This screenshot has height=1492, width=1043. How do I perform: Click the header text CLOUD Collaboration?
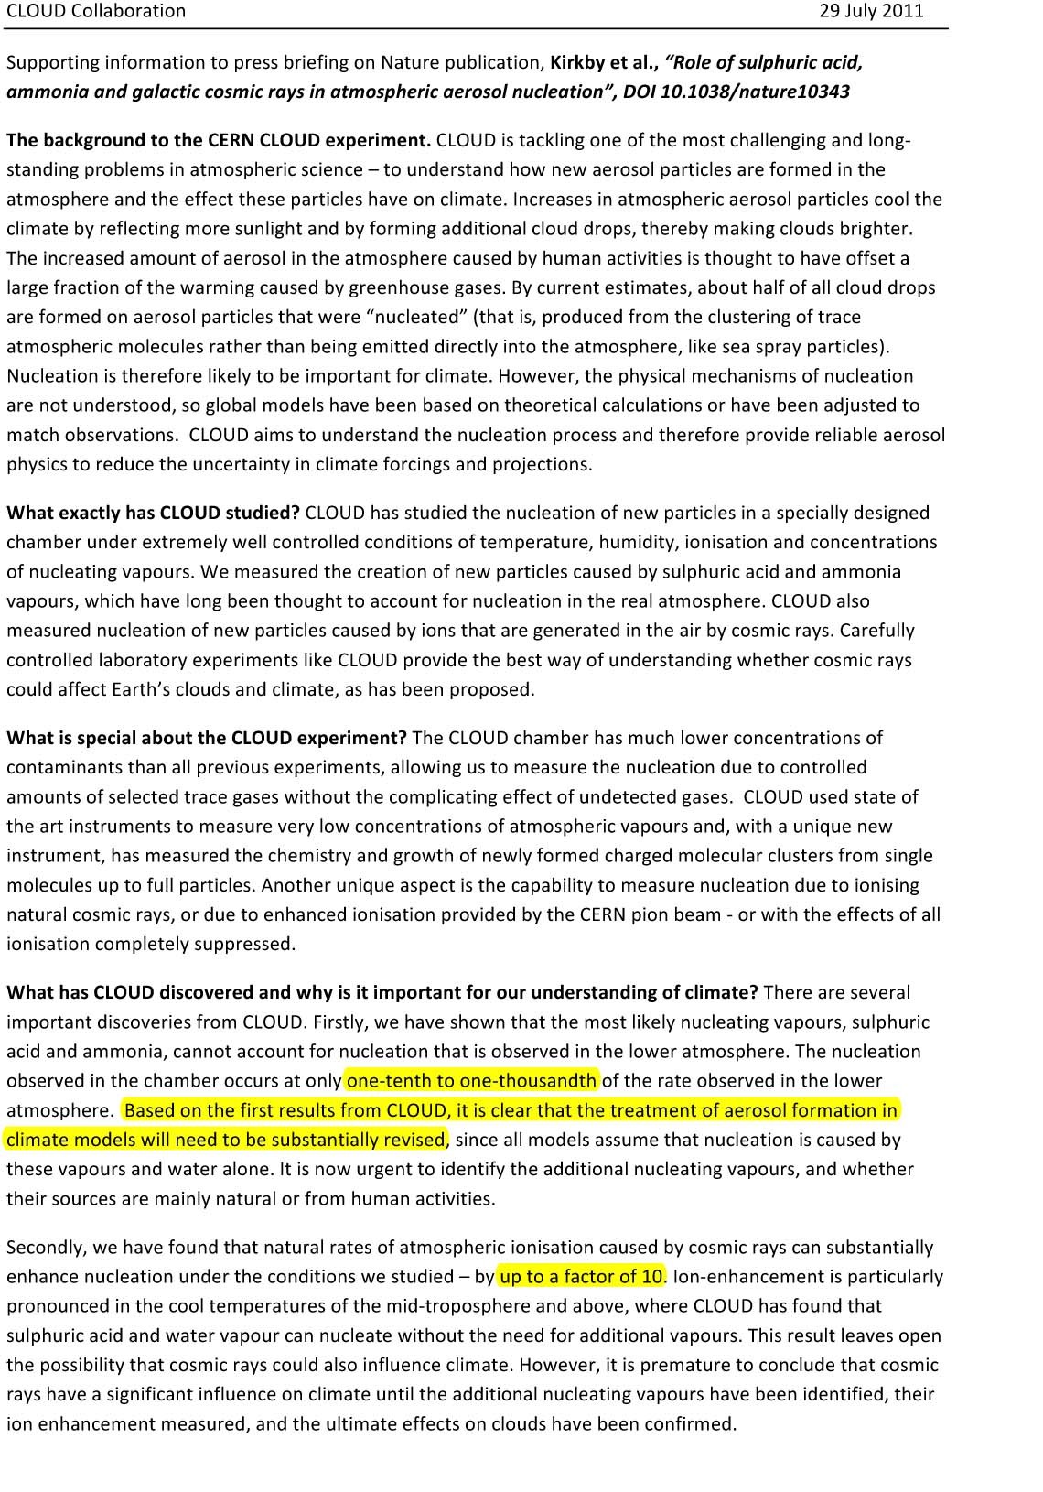coord(96,11)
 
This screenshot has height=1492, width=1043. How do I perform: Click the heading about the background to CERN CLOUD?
coord(219,140)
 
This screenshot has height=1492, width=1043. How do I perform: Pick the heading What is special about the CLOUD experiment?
coord(207,738)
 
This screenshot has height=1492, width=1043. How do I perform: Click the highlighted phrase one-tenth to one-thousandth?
coord(472,1080)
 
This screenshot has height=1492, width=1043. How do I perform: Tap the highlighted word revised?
coord(417,1140)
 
